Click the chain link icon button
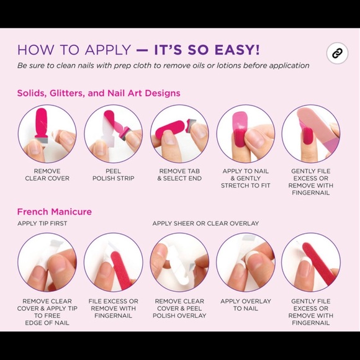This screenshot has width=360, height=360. coord(337,53)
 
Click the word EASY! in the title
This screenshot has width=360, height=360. coord(237,50)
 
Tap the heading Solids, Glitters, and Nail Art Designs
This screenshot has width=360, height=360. coord(99,93)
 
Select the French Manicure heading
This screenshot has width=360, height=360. coord(55,212)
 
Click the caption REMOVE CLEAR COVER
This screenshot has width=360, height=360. coord(47,174)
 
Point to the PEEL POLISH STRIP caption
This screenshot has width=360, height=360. coord(113,174)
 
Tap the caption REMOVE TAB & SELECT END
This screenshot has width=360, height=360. coord(179,174)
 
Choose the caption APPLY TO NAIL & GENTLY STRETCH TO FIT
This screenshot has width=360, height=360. coord(245,178)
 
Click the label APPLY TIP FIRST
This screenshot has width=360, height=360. coord(42,223)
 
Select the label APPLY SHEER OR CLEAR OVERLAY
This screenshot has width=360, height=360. coord(205,223)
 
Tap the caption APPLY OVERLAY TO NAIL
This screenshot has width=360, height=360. coord(246,305)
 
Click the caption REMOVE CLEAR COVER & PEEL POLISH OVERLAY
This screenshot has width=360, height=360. coord(179,308)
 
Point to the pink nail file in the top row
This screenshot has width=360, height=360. coord(318,128)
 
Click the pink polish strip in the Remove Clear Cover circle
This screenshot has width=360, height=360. coord(42,122)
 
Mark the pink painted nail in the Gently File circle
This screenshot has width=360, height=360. coord(307,137)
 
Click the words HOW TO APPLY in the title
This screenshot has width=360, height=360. coord(74,50)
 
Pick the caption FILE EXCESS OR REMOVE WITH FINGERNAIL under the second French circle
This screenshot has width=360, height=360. coord(113,308)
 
